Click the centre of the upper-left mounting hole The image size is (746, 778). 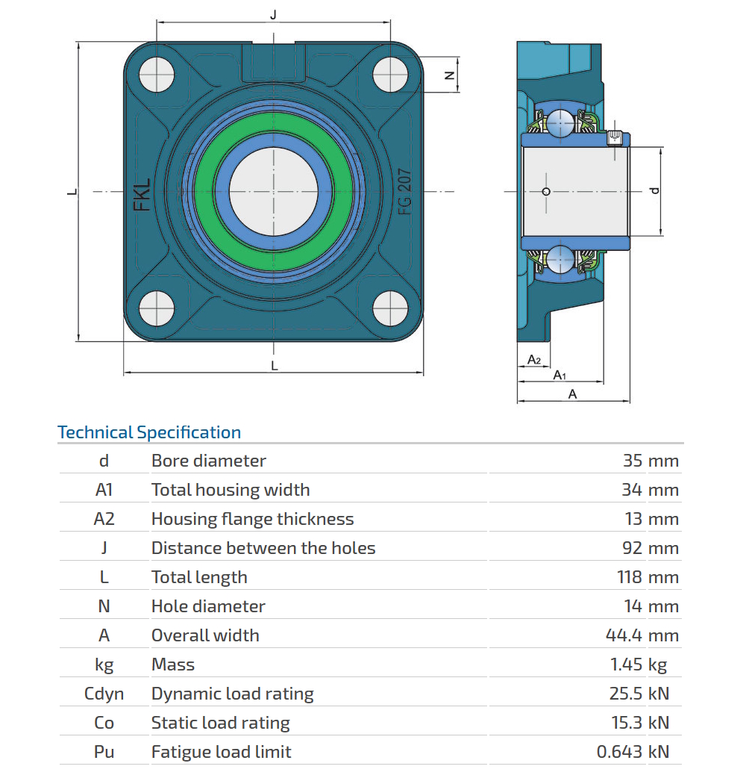click(157, 75)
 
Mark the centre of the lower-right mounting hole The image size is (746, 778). click(390, 308)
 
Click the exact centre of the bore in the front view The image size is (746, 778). click(274, 192)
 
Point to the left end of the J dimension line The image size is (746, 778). click(157, 22)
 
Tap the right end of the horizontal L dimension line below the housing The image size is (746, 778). click(423, 371)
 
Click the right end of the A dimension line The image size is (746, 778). click(630, 400)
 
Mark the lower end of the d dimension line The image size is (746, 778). click(661, 236)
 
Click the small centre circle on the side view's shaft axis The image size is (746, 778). click(546, 192)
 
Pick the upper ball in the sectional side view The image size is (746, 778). click(560, 122)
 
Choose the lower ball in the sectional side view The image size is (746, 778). click(560, 259)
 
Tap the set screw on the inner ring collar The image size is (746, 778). click(614, 137)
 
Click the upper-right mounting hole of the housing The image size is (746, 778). click(390, 75)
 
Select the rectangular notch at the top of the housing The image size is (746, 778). click(274, 63)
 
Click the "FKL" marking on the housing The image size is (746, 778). click(142, 195)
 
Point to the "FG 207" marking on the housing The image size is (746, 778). click(405, 192)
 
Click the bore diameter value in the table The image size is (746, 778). click(651, 461)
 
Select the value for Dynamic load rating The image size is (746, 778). click(639, 693)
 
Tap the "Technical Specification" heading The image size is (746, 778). click(149, 432)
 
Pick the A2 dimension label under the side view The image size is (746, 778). click(534, 359)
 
